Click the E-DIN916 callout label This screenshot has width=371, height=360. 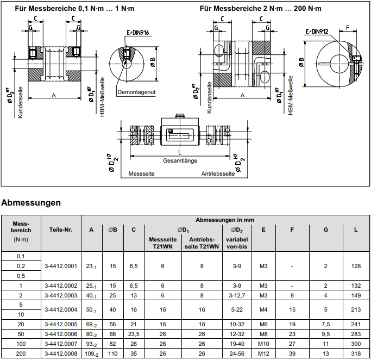(x=138, y=33)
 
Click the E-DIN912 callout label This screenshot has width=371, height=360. (x=317, y=31)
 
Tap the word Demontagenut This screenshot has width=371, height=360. (x=136, y=92)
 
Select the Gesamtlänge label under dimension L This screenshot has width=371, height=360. (x=180, y=160)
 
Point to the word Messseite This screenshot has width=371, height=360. (x=141, y=173)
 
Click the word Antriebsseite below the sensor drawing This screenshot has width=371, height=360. (x=218, y=173)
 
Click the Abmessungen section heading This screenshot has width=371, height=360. (x=31, y=203)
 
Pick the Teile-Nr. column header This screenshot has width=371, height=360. (x=61, y=229)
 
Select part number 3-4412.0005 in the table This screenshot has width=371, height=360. (x=61, y=324)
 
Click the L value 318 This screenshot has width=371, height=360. (x=356, y=353)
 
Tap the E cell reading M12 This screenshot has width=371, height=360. (x=263, y=353)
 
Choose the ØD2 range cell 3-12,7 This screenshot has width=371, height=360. (x=237, y=295)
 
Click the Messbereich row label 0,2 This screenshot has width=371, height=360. (x=21, y=266)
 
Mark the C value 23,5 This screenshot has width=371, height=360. (x=134, y=334)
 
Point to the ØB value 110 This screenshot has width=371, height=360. (x=112, y=353)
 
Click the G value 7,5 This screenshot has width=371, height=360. (x=325, y=324)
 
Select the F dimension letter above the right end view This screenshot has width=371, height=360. (x=348, y=28)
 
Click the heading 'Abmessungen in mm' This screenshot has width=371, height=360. (x=225, y=220)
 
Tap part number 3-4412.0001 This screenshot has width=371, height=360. (x=61, y=266)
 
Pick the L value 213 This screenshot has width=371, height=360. (x=356, y=309)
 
